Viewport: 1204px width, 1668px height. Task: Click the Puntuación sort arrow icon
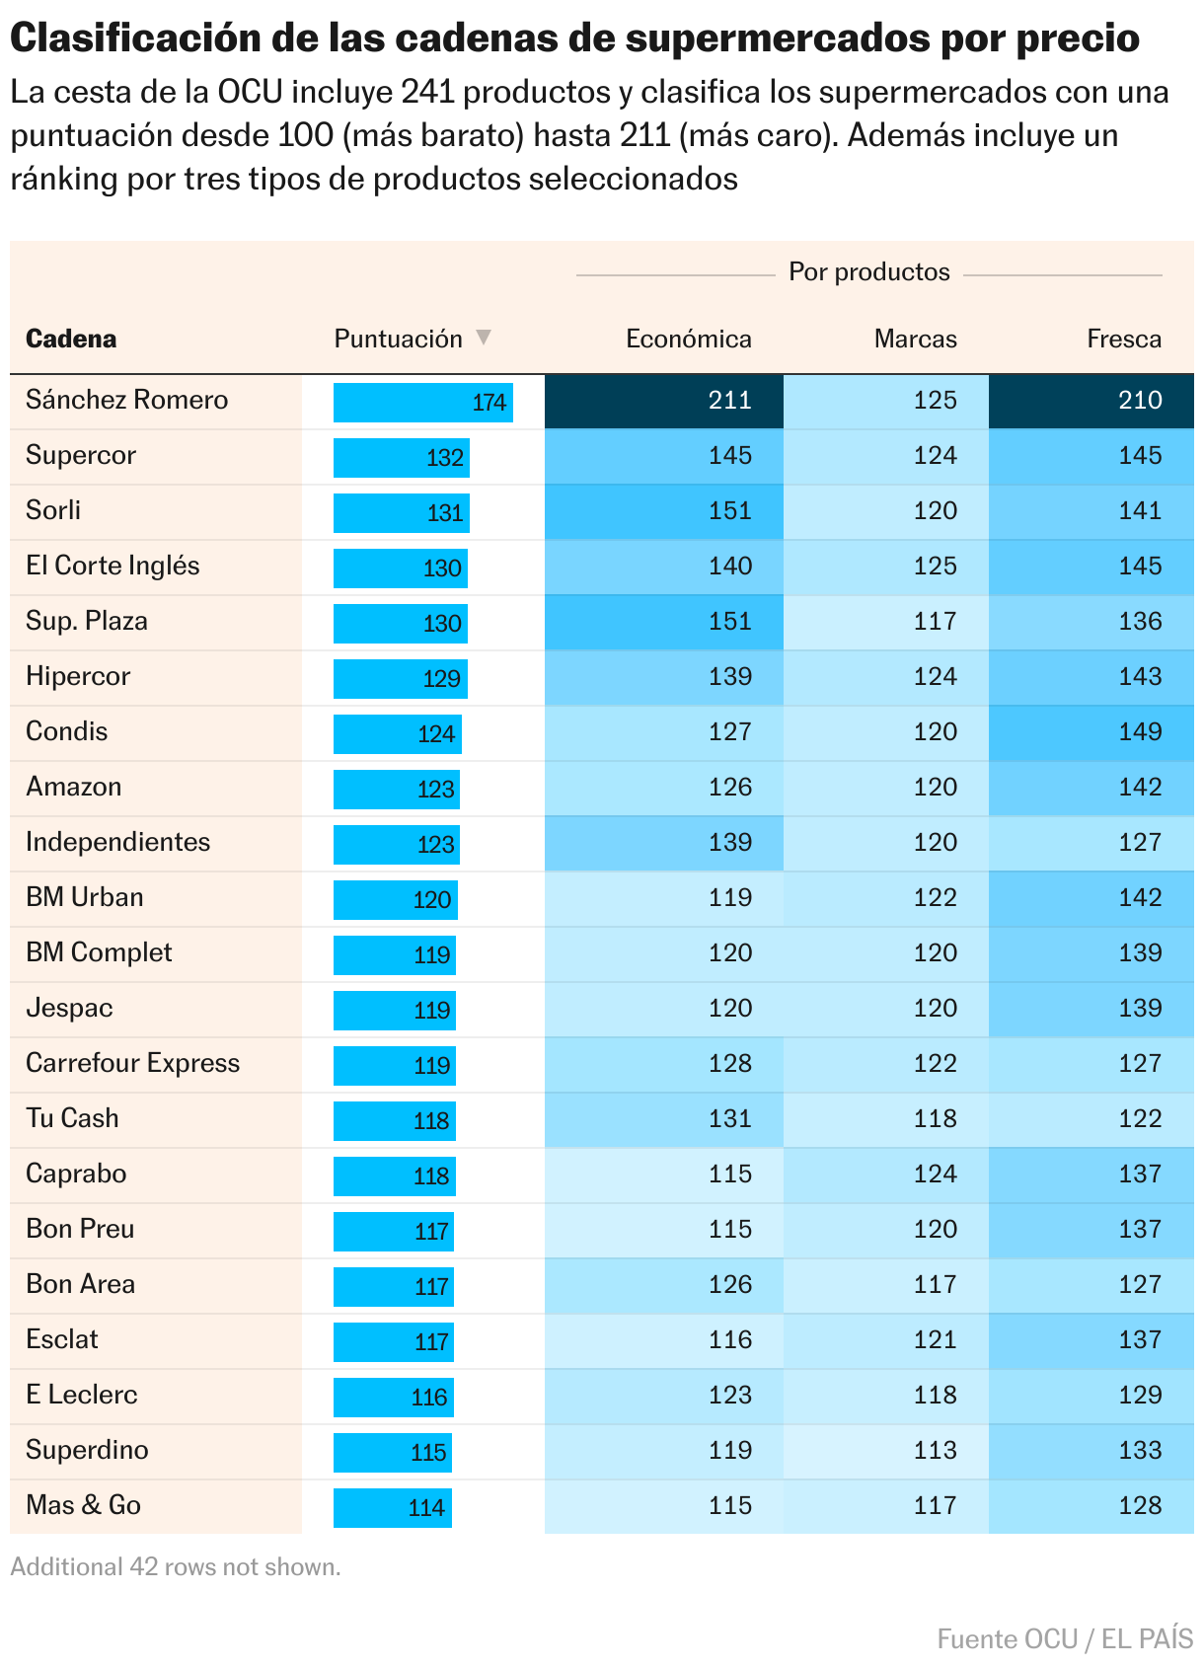484,338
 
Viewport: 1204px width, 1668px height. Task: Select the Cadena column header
71,340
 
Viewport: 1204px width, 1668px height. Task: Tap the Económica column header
688,340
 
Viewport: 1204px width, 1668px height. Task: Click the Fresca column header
1123,340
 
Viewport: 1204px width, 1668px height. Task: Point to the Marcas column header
915,340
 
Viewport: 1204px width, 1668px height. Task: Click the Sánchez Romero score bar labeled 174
422,403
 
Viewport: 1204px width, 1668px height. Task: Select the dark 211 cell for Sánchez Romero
664,401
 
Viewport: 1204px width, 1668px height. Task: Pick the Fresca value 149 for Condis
1091,732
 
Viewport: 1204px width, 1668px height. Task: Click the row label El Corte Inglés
113,567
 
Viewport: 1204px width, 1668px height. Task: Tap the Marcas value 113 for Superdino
886,1451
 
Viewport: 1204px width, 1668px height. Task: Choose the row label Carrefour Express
132,1064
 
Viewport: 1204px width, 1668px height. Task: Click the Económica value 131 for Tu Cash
664,1119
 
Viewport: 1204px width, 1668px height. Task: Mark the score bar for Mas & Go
392,1508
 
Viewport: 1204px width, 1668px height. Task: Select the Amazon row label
74,788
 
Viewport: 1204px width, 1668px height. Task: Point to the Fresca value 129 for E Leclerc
1091,1396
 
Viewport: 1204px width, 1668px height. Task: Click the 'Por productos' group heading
868,272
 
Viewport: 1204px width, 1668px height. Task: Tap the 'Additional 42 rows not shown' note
176,1567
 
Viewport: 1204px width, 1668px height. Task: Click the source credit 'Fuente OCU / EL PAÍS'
1064,1639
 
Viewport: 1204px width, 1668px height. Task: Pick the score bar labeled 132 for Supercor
401,458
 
